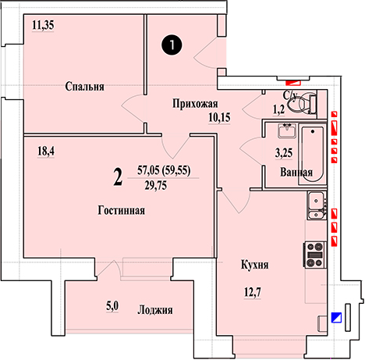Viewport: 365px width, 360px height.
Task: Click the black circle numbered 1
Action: click(172, 45)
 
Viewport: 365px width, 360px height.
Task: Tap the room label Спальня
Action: click(84, 87)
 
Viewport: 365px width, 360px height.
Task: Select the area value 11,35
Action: click(43, 25)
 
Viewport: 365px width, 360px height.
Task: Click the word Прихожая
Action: click(195, 104)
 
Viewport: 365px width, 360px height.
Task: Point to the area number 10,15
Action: click(219, 118)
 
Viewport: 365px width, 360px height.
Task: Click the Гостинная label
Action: click(122, 210)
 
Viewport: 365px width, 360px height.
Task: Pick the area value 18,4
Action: click(46, 151)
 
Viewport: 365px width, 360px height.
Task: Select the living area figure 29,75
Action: click(156, 186)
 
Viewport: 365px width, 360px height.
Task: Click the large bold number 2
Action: click(118, 177)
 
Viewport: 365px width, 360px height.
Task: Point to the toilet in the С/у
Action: click(303, 104)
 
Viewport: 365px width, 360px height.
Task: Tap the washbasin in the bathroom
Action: click(287, 130)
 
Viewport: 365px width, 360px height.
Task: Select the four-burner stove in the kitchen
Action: click(314, 255)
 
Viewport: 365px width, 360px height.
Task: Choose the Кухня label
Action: click(255, 265)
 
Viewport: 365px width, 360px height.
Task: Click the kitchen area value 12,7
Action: click(253, 292)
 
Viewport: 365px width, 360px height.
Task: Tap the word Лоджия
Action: click(155, 310)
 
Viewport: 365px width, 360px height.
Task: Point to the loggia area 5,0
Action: click(112, 306)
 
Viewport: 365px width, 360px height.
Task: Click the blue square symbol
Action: click(336, 318)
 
